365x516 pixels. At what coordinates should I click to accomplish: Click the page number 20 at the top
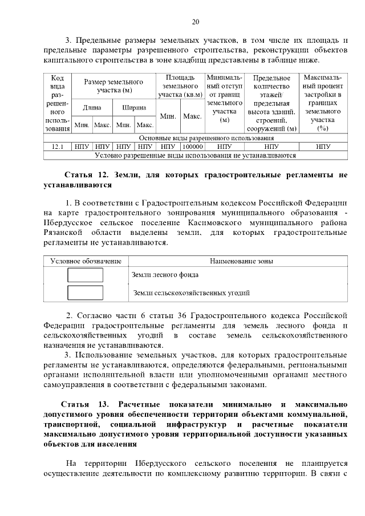[195, 22]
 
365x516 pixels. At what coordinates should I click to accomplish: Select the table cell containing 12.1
[57, 146]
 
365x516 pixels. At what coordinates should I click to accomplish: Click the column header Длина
[92, 107]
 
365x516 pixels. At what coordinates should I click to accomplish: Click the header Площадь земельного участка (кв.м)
[180, 86]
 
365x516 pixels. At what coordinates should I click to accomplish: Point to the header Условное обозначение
[86, 261]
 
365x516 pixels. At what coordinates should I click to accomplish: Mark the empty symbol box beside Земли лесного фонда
[86, 275]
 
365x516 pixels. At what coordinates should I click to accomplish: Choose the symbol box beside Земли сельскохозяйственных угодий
[86, 293]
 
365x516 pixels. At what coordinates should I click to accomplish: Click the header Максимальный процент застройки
[323, 103]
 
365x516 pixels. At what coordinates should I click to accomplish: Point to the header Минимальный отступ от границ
[224, 99]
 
